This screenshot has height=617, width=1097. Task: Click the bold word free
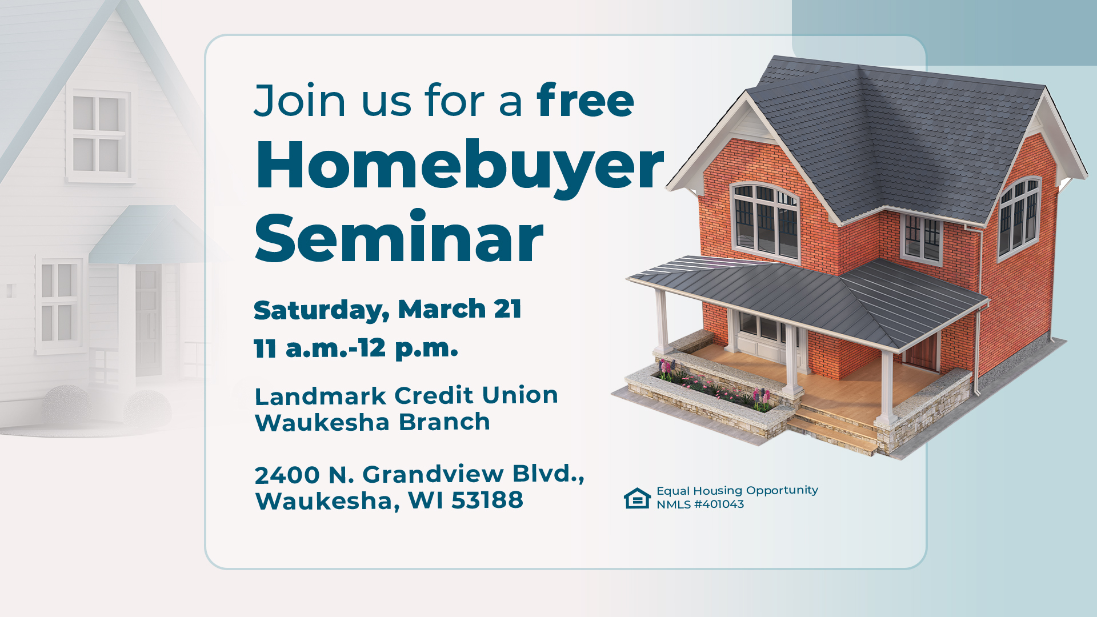tap(585, 101)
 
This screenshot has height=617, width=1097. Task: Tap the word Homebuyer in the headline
tap(459, 166)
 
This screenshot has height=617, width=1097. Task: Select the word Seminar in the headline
tap(398, 238)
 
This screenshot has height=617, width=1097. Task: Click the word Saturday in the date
tap(321, 310)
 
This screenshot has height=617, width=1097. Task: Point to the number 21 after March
tap(507, 309)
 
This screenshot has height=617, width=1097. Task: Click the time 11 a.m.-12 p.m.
tap(355, 348)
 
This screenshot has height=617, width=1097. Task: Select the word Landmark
tap(320, 396)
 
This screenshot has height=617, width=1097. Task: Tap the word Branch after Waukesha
tap(444, 423)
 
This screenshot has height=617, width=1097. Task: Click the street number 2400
tap(287, 475)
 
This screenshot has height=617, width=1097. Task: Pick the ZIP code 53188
tap(487, 500)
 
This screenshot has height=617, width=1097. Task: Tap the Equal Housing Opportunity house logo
tap(637, 498)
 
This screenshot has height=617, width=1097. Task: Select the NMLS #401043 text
tap(700, 504)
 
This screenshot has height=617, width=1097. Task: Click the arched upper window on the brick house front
tap(765, 219)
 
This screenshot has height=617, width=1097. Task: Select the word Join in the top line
tap(300, 101)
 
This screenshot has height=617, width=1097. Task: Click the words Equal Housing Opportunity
tap(737, 490)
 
